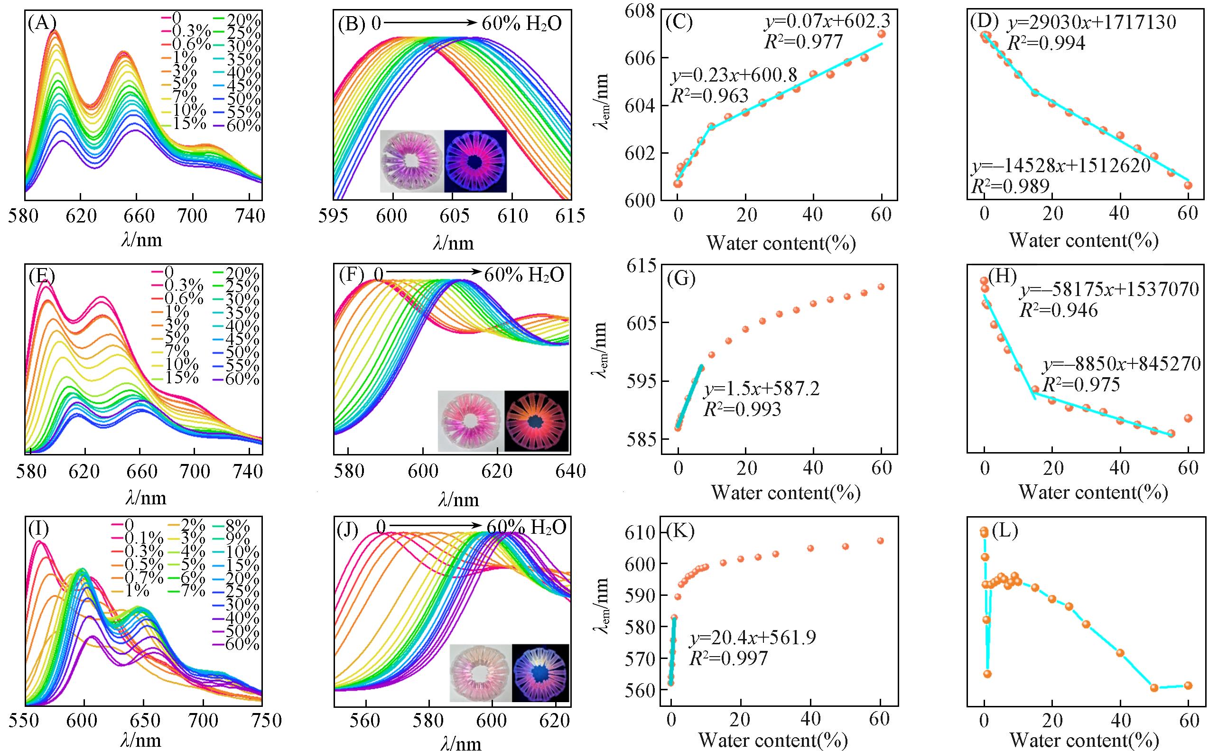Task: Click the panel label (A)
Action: (x=43, y=23)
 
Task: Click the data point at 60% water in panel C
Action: (x=882, y=34)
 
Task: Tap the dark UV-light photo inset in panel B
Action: (x=475, y=161)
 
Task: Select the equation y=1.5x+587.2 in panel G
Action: (x=761, y=389)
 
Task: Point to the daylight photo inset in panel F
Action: (x=470, y=420)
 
